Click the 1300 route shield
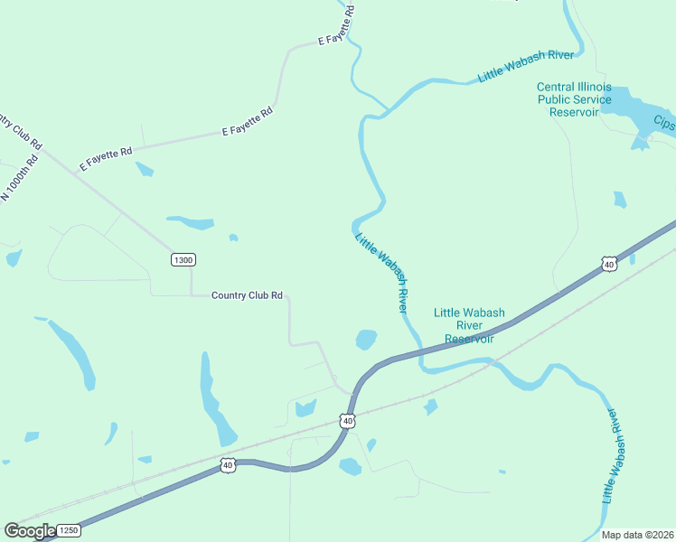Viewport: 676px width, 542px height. [x=183, y=260]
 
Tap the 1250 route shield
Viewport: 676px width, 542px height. [x=70, y=530]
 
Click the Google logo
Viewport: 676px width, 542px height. [x=30, y=531]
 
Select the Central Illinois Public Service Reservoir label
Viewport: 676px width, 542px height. [x=574, y=99]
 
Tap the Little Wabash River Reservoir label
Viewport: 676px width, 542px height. [x=469, y=325]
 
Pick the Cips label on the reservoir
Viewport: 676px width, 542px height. [x=664, y=122]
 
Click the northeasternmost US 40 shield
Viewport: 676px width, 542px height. [x=609, y=264]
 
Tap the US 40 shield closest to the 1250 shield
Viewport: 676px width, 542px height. [x=226, y=465]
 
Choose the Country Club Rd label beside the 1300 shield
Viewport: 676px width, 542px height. [x=247, y=295]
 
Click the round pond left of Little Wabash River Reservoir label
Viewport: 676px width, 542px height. [x=366, y=340]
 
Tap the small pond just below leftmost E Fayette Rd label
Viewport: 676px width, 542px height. [x=144, y=169]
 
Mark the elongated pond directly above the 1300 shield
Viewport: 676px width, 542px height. [x=191, y=221]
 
